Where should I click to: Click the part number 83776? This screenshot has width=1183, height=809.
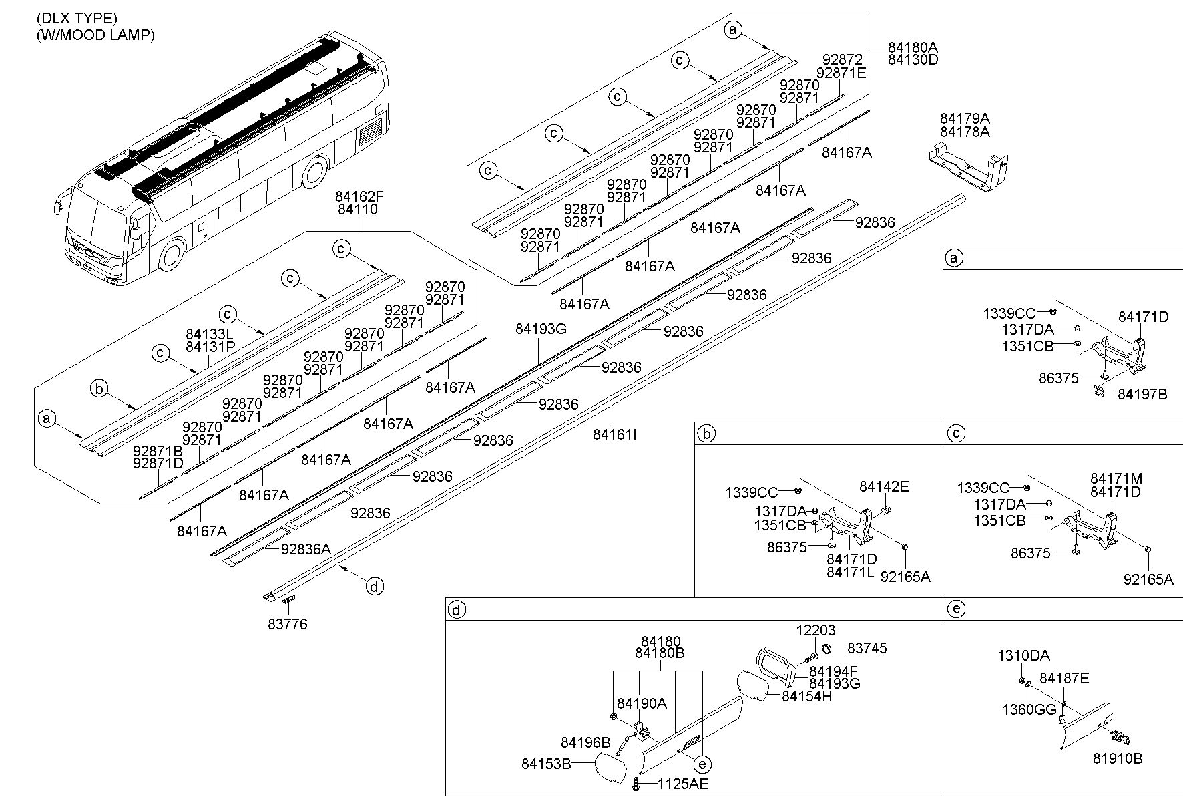pyautogui.click(x=288, y=625)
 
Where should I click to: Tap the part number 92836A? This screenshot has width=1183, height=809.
pyautogui.click(x=306, y=550)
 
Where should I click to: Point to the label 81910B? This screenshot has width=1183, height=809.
pyautogui.click(x=1118, y=759)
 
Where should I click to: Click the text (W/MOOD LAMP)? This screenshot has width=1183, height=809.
pyautogui.click(x=95, y=35)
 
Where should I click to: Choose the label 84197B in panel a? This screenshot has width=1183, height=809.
pyautogui.click(x=1142, y=395)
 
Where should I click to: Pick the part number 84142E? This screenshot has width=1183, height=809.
pyautogui.click(x=884, y=487)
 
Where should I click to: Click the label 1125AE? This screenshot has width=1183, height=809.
pyautogui.click(x=683, y=784)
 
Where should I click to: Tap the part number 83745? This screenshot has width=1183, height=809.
pyautogui.click(x=867, y=648)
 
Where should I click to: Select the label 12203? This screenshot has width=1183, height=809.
pyautogui.click(x=816, y=630)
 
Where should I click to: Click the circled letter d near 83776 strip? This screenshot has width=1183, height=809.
pyautogui.click(x=375, y=587)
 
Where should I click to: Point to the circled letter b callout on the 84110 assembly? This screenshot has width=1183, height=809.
pyautogui.click(x=99, y=389)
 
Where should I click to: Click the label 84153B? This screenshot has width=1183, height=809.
pyautogui.click(x=546, y=764)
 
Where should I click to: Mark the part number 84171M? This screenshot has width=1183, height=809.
pyautogui.click(x=1116, y=479)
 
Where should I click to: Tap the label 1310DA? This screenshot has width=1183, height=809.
pyautogui.click(x=1023, y=656)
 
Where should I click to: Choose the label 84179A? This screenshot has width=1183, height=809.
pyautogui.click(x=965, y=119)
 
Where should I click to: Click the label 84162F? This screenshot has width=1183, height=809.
pyautogui.click(x=361, y=197)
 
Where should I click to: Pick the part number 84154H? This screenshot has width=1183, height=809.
pyautogui.click(x=807, y=696)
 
